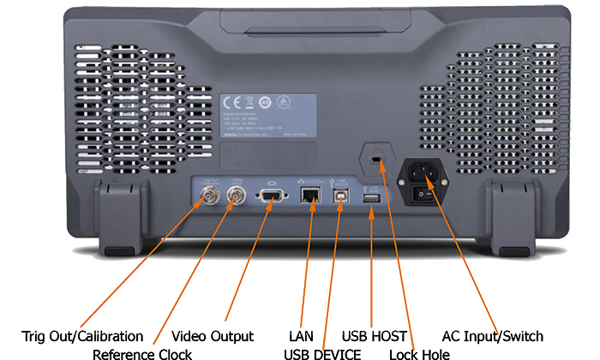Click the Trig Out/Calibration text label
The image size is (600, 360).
81,336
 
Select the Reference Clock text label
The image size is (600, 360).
142,353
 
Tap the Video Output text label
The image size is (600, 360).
213,336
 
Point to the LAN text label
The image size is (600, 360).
302,336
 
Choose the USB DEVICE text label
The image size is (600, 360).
323,353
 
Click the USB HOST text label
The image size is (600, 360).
374,336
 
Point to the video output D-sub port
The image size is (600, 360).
271,199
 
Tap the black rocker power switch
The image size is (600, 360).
423,195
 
